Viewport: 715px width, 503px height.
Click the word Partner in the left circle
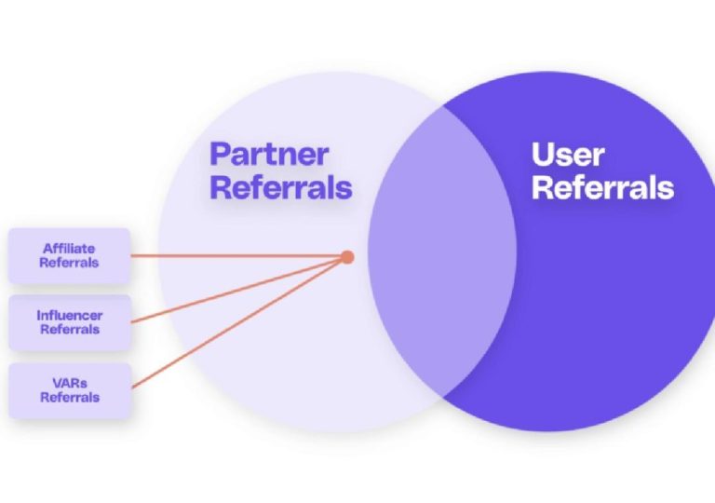[x=269, y=154]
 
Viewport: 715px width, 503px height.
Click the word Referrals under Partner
[x=281, y=187]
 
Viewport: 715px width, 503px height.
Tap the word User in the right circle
[x=568, y=154]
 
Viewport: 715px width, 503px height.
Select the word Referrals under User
[x=602, y=187]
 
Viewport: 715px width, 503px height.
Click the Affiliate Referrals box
[x=69, y=255]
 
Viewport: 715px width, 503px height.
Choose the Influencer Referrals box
[x=69, y=322]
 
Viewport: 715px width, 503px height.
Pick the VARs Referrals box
[x=69, y=390]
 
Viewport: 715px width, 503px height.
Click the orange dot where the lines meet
[x=347, y=256]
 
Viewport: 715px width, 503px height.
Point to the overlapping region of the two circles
[x=441, y=251]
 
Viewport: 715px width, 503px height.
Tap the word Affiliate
[x=69, y=249]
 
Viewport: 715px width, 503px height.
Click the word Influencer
[x=69, y=316]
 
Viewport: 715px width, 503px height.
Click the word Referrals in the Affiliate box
[x=69, y=263]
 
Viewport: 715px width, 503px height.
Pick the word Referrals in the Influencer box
[x=69, y=330]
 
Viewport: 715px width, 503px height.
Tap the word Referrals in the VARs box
[x=69, y=398]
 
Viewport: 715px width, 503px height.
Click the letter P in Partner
[x=222, y=154]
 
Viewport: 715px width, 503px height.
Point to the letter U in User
[x=544, y=154]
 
